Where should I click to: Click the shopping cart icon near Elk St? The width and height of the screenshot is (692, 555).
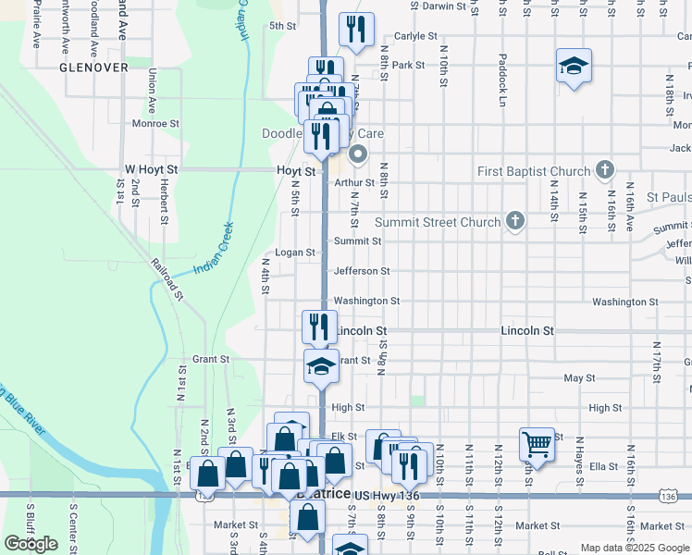(537, 445)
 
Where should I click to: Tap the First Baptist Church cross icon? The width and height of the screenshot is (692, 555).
(605, 170)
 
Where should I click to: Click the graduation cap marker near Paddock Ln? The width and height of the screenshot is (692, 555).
(574, 67)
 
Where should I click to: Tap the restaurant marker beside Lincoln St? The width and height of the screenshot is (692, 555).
(320, 327)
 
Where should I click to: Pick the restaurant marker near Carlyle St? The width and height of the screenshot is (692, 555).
(355, 29)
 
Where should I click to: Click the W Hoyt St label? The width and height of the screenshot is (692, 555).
(151, 170)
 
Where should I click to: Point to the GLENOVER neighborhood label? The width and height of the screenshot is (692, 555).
(93, 68)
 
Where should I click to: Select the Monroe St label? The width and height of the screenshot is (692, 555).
(154, 123)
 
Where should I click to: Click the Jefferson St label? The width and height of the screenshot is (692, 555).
(362, 271)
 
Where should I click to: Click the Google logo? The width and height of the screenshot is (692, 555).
(31, 544)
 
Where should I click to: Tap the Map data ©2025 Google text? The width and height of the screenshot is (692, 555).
(634, 548)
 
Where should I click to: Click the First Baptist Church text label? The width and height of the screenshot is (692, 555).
(534, 171)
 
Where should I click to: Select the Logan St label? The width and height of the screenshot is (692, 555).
(296, 253)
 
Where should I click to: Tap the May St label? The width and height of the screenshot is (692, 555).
(579, 377)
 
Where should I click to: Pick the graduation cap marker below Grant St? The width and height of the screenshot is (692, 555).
(320, 365)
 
